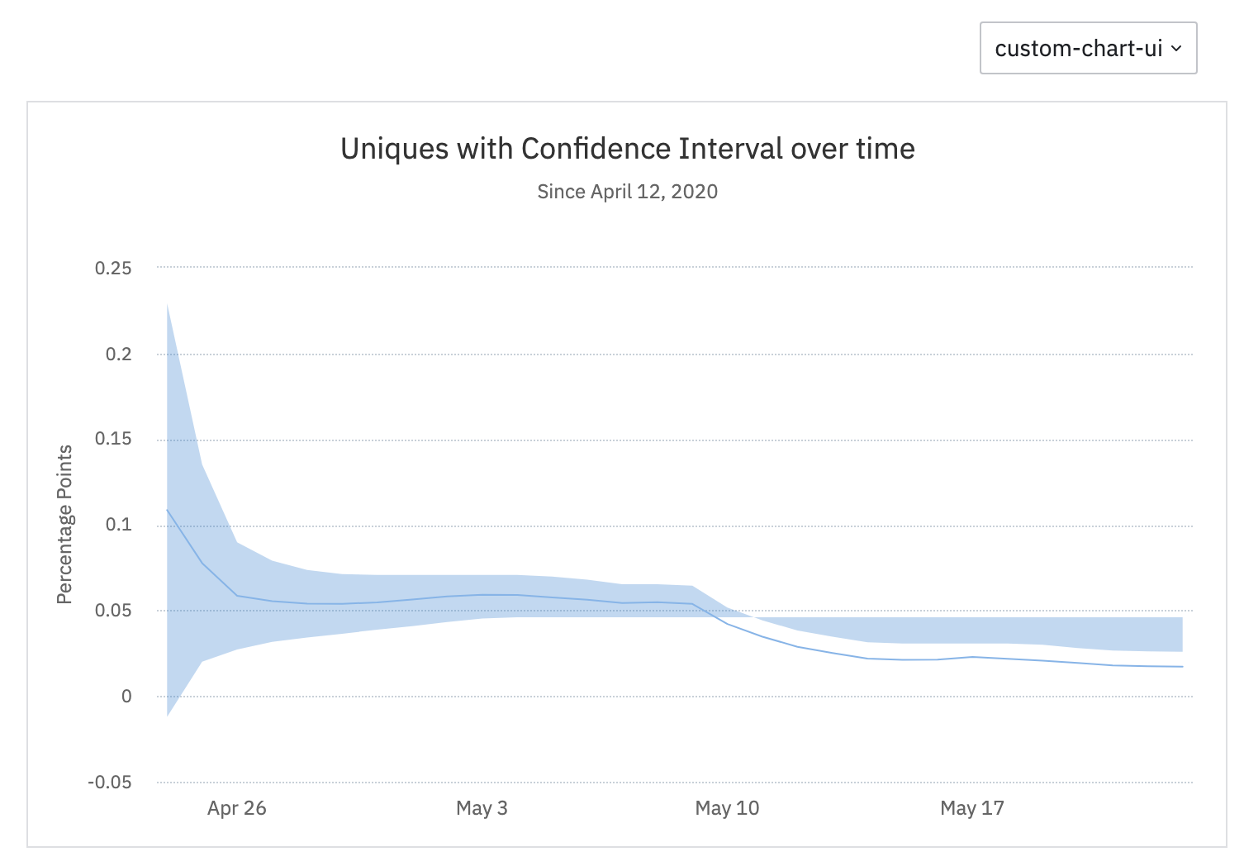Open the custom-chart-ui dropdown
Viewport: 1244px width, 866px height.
[x=1079, y=49]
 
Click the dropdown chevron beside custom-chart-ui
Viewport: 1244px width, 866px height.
[x=1176, y=49]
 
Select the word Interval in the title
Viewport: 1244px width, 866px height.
[x=730, y=149]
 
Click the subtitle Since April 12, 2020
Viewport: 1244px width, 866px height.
[x=627, y=192]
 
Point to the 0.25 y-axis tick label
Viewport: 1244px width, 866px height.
[x=113, y=269]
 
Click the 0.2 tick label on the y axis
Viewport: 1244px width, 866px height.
[x=118, y=354]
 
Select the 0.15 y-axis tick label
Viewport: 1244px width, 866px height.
[x=113, y=439]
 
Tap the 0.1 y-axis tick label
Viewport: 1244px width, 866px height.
[x=118, y=525]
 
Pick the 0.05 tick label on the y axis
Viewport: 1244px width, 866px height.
[x=113, y=611]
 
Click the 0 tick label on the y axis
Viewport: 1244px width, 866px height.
[x=126, y=697]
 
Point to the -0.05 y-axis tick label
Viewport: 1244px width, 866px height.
[x=110, y=783]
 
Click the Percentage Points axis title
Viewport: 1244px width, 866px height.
[x=64, y=525]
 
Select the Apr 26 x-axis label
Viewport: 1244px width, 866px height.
[x=237, y=808]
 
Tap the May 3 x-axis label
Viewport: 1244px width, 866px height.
[x=482, y=808]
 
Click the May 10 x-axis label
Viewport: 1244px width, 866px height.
[x=727, y=808]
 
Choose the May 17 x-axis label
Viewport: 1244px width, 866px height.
[x=972, y=808]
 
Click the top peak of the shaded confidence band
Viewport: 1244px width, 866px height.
[x=168, y=305]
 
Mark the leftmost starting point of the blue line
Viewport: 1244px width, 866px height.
[x=168, y=510]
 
